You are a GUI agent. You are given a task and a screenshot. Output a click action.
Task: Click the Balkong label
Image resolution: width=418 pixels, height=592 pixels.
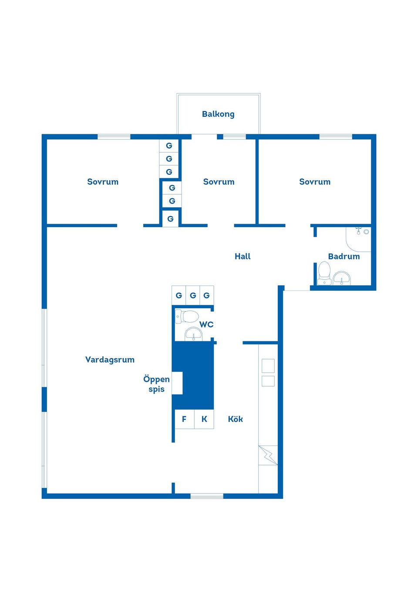tap(218, 114)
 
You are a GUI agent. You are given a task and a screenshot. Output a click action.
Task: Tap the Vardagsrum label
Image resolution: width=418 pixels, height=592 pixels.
tap(110, 360)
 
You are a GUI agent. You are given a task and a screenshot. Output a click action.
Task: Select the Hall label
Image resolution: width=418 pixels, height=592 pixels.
tap(243, 256)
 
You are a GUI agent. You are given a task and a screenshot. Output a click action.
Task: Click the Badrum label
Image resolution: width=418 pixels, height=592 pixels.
tap(344, 256)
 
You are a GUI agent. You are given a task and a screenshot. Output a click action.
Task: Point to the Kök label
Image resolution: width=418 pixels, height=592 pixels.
tap(235, 419)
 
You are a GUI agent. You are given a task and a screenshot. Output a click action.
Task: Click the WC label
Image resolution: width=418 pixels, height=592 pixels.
tap(206, 324)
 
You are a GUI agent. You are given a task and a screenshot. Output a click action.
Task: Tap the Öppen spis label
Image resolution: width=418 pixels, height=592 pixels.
tap(156, 384)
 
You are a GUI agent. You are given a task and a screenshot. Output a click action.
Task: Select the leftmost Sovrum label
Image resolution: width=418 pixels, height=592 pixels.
tap(103, 182)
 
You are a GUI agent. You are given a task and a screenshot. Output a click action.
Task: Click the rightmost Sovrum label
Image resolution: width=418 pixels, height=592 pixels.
tap(314, 182)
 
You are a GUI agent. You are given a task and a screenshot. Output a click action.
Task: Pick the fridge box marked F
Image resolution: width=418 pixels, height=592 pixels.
tap(184, 419)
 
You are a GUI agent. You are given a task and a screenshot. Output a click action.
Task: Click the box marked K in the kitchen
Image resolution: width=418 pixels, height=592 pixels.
tap(204, 419)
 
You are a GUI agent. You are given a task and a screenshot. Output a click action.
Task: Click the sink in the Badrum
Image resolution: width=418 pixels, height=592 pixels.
tap(342, 278)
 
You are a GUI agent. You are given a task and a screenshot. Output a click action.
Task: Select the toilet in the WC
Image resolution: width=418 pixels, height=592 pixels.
tap(187, 316)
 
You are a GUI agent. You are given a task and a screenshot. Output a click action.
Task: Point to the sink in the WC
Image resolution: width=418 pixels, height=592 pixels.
tap(193, 334)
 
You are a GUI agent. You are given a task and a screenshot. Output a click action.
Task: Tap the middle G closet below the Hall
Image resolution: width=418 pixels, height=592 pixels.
tap(193, 295)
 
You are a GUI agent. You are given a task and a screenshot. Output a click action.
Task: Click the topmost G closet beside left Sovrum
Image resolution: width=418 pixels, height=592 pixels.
tap(169, 146)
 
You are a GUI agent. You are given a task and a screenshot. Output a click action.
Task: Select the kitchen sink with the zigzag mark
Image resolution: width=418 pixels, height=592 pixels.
tap(268, 455)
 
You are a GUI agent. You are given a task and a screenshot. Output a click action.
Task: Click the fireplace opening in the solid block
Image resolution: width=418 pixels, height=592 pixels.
tap(177, 383)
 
